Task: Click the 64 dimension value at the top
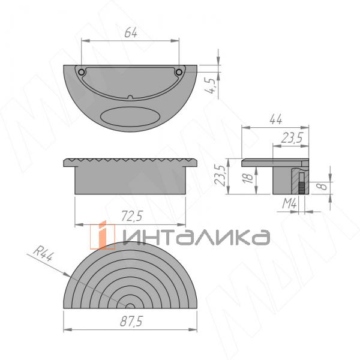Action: pos(130,34)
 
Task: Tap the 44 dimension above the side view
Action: pos(275,119)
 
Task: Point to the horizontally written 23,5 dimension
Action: pos(290,138)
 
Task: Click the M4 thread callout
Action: pos(290,205)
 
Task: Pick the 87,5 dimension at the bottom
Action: pos(130,322)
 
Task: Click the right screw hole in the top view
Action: pos(178,71)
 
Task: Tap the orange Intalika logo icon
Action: pos(103,235)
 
